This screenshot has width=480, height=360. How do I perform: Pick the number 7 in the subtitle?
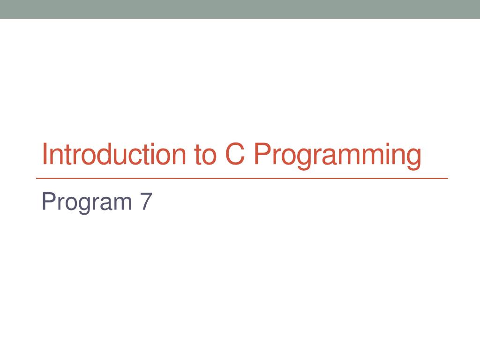(x=146, y=202)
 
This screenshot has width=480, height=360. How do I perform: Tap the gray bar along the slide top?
(x=240, y=9)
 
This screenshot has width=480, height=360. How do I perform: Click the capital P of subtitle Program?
(x=47, y=202)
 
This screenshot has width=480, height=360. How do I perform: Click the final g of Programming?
(x=413, y=158)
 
